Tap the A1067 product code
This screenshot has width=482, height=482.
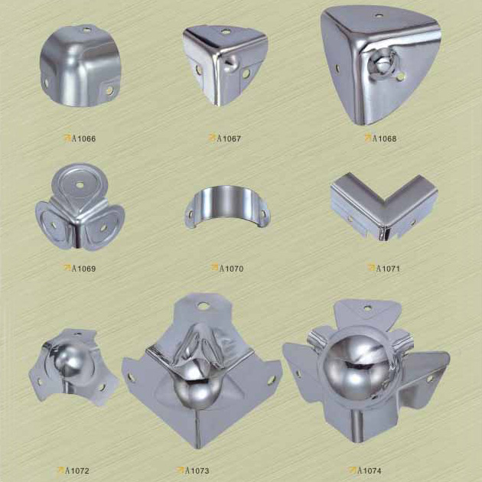[x=229, y=138]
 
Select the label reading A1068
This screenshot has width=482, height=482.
[x=384, y=138]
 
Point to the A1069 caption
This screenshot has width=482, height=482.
[x=83, y=269]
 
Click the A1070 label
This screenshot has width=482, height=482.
[x=231, y=269]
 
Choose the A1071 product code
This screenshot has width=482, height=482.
[x=388, y=269]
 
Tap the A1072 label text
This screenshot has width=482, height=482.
[x=77, y=471]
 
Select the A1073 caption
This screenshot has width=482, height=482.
[x=197, y=471]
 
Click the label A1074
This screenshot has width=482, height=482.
[x=370, y=471]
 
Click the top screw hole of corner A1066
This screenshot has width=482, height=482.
[x=87, y=30]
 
